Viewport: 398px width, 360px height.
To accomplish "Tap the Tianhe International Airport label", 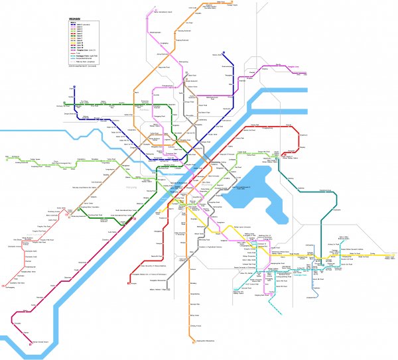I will [x=163, y=12].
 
